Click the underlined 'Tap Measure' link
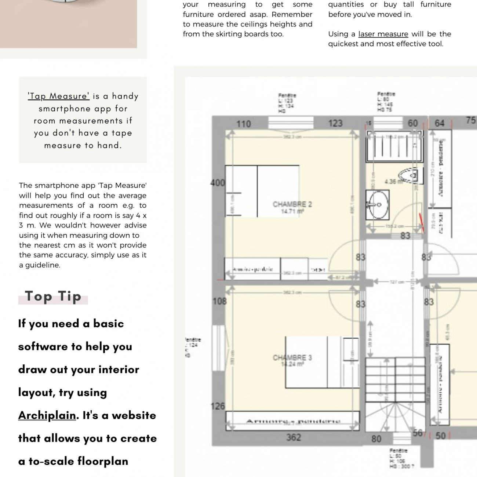58,96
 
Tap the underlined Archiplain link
47,415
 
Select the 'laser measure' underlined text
383,34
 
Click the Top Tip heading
53,296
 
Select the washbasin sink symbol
378,205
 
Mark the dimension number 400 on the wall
218,182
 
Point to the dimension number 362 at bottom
294,437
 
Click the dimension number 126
218,406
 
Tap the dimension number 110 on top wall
244,124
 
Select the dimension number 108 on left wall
219,301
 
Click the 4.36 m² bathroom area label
393,182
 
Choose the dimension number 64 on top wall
439,123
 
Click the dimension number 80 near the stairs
376,439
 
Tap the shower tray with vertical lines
394,146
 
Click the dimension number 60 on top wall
413,123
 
